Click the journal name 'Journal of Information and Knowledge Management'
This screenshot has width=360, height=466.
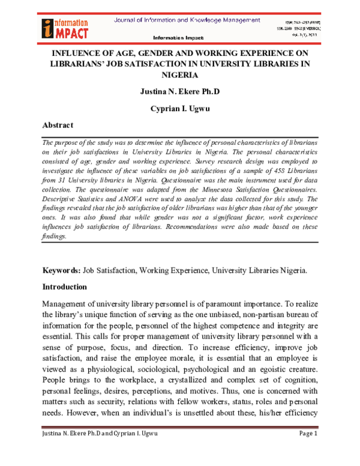(187, 20)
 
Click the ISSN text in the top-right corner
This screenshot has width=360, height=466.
(306, 22)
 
